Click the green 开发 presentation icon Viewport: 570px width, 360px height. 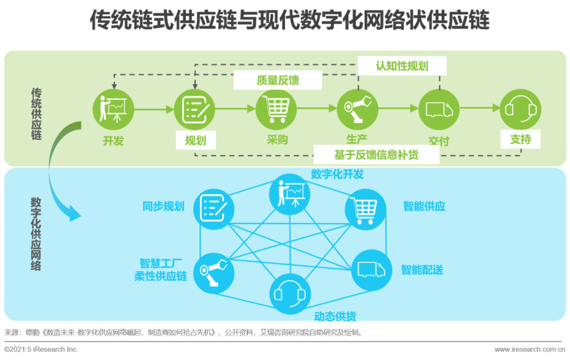point(113,109)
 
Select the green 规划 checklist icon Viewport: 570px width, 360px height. point(195,109)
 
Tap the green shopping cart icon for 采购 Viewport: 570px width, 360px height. point(276,109)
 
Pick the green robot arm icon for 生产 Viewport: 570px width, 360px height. point(357,109)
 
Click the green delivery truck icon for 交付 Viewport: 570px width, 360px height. point(439,109)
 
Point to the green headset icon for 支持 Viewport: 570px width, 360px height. point(520,109)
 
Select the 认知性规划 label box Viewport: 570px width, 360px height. point(402,66)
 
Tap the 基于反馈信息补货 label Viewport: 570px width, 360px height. point(376,155)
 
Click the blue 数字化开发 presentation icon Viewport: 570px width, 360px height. point(290,193)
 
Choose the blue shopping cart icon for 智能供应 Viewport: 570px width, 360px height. point(365,210)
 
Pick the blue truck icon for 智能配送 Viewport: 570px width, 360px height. point(371,270)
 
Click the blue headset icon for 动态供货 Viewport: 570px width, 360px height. point(290,293)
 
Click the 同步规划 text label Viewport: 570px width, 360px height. point(164,206)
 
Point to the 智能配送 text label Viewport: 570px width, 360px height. point(422,270)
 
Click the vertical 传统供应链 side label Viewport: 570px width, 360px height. point(36,114)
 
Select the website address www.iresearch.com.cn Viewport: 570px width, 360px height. point(528,349)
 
